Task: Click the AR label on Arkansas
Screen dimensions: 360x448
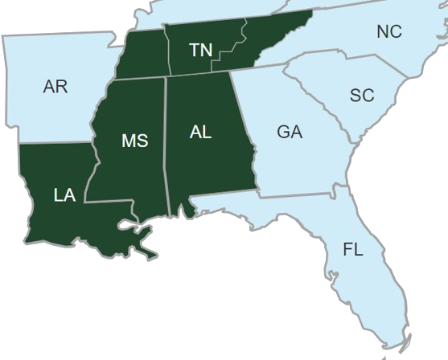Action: tap(55, 86)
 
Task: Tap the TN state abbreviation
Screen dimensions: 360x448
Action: tap(200, 51)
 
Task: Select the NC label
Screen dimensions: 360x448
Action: tap(388, 32)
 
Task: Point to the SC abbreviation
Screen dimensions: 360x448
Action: tap(362, 96)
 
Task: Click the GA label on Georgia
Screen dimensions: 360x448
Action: tap(289, 132)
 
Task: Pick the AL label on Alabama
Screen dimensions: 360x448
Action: tap(200, 133)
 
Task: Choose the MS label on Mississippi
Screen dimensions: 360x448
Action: tap(134, 141)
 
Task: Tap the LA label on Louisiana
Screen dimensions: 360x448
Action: tap(64, 194)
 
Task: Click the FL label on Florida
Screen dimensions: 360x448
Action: tap(352, 249)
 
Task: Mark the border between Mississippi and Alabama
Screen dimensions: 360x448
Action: tap(166, 145)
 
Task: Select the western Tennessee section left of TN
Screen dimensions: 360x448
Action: tap(142, 53)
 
